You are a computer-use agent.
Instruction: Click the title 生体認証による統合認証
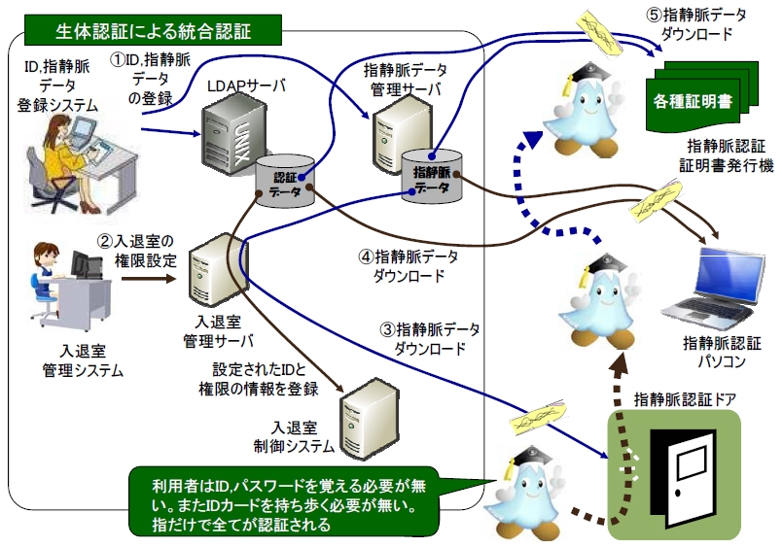coord(153,30)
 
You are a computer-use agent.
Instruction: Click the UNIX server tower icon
coord(226,135)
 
